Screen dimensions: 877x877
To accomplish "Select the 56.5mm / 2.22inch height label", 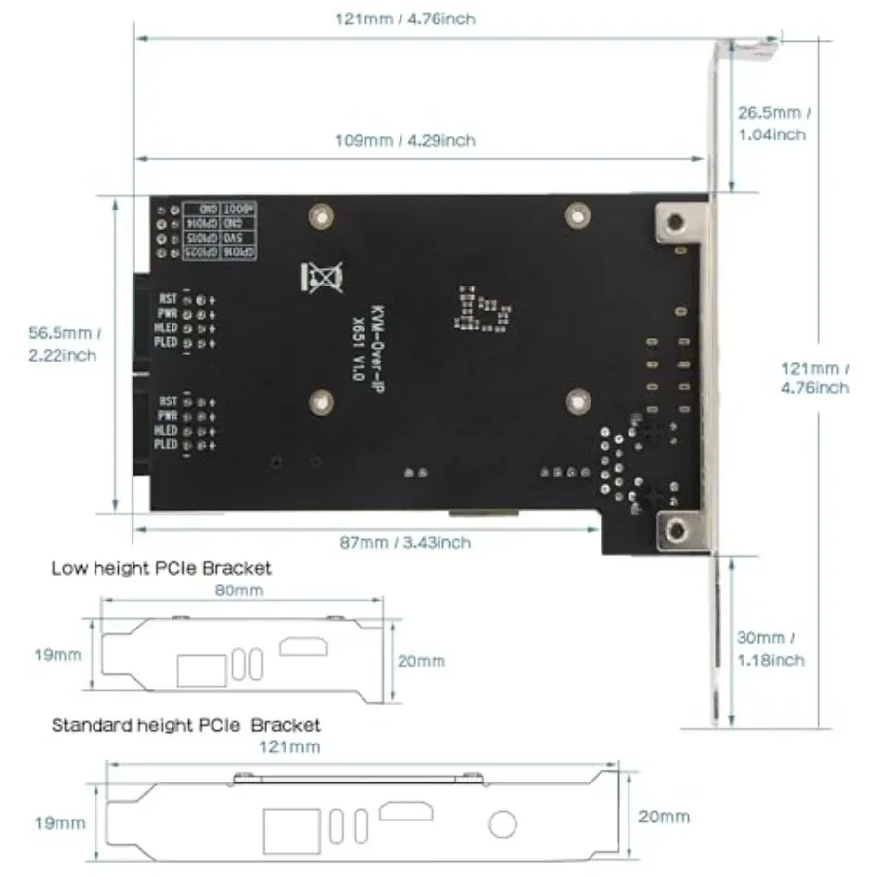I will click(x=62, y=343).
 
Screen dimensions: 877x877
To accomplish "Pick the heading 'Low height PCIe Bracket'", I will click(x=161, y=567).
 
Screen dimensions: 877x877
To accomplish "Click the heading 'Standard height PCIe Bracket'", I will click(x=185, y=725).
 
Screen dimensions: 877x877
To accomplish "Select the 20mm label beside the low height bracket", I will click(x=422, y=661).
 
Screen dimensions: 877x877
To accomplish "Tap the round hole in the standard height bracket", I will click(x=503, y=824).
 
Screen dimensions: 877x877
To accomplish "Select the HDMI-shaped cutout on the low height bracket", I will click(x=305, y=646).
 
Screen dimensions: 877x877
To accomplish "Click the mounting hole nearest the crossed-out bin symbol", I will click(x=318, y=213).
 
